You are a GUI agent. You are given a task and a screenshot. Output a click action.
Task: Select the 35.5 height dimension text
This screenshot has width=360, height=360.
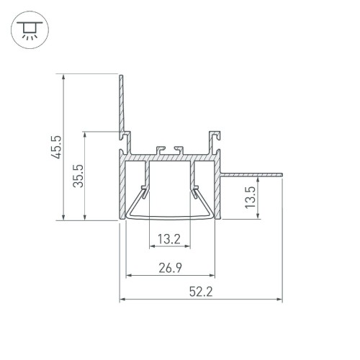coord(78,175)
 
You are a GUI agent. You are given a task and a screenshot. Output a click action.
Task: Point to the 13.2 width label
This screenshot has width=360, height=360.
coord(170,239)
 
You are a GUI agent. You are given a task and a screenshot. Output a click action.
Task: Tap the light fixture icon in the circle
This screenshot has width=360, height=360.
coord(28,29)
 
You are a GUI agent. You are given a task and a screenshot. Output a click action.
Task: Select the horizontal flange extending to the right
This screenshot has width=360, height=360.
coord(252,174)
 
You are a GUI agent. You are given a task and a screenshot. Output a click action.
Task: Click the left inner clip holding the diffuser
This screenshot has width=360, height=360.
coord(146,191)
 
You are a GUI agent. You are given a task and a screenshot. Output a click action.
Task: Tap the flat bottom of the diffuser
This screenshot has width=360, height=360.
coord(171,217)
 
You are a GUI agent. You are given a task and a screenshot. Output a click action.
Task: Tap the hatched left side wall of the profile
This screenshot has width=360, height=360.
coord(121,187)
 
